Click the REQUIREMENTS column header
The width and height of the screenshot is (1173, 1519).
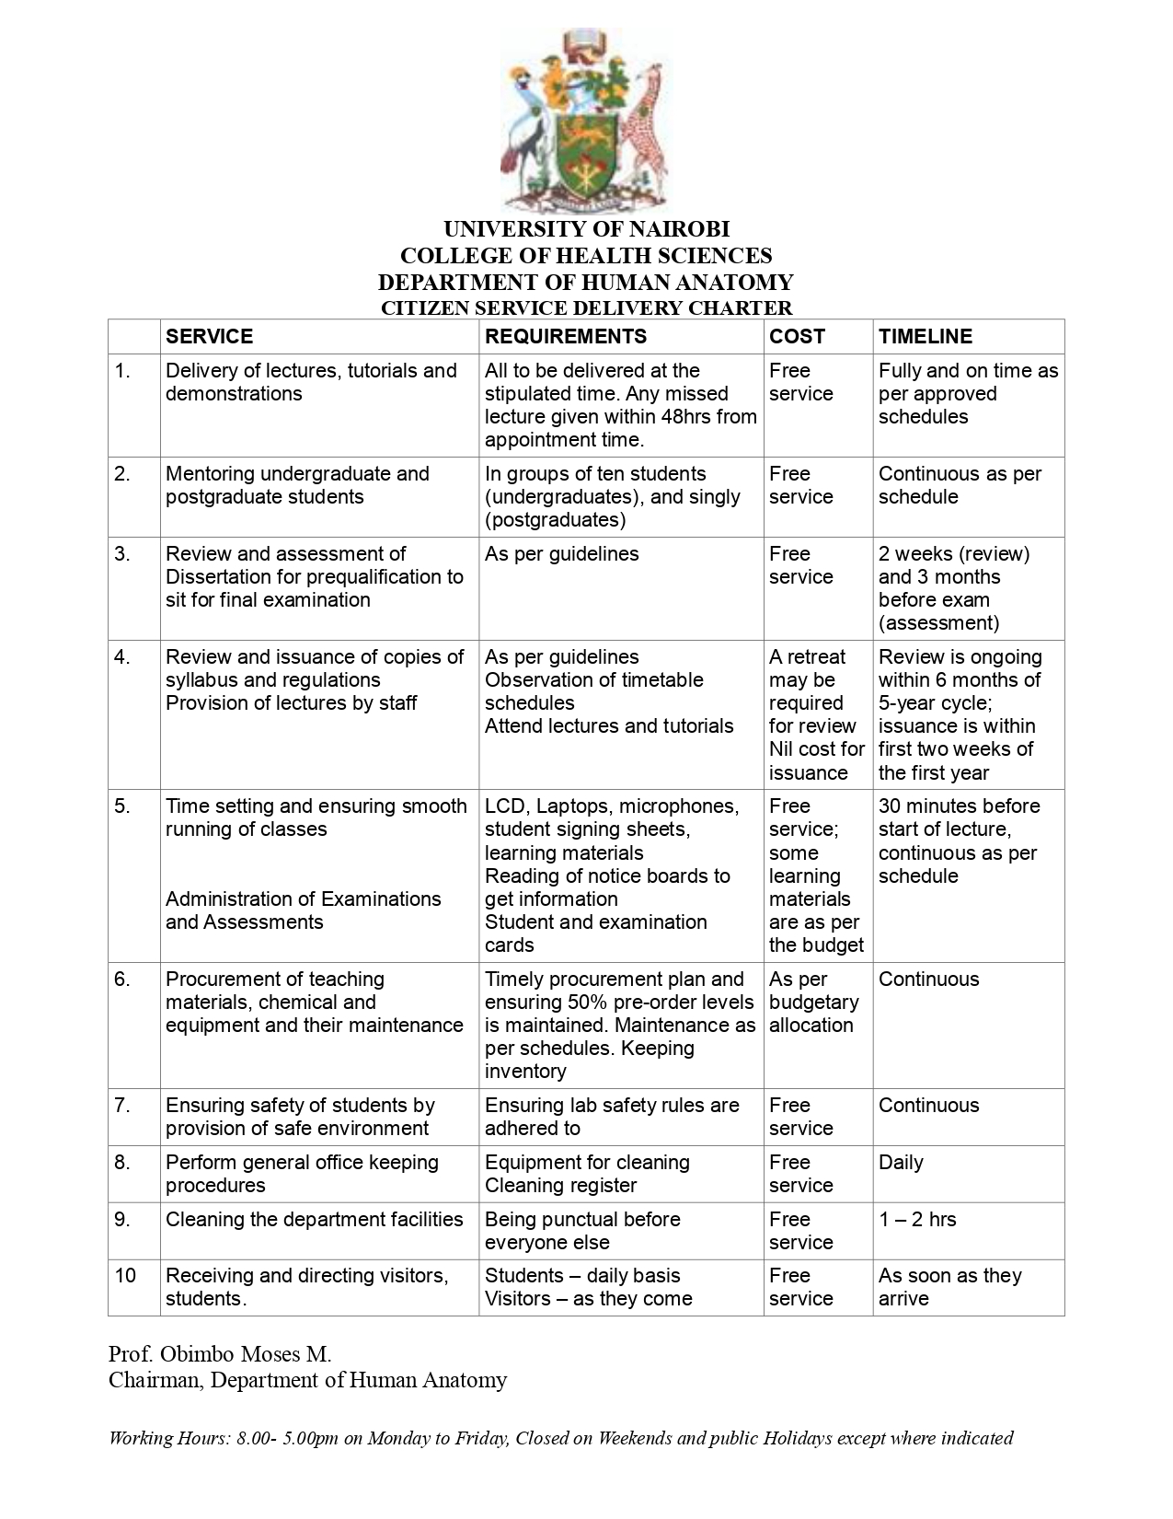[x=566, y=337]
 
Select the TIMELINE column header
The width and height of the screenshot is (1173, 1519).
[x=925, y=337]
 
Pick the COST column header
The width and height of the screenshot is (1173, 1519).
[x=797, y=337]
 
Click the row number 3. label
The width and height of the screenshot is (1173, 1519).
[x=122, y=554]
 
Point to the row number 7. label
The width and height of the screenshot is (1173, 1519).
[x=122, y=1106]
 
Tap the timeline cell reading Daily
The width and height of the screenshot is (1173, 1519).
[x=900, y=1163]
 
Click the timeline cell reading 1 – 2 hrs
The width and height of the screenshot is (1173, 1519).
[x=916, y=1220]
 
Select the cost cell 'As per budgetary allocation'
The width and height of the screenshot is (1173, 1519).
[x=813, y=1003]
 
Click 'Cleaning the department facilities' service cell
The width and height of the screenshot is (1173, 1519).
[x=314, y=1220]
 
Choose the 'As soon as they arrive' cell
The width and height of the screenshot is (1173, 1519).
[x=949, y=1287]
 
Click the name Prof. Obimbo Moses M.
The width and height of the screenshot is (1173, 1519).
[x=220, y=1354]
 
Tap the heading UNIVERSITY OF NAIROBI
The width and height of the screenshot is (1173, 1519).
[x=586, y=229]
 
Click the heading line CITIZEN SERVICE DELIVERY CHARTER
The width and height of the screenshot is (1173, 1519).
[x=586, y=308]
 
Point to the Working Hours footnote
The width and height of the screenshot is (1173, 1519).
[x=560, y=1438]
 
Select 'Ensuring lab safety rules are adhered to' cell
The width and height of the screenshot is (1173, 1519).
[x=612, y=1117]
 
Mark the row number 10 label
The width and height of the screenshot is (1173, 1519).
[x=125, y=1276]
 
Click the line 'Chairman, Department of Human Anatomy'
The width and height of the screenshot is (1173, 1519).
[x=307, y=1380]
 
